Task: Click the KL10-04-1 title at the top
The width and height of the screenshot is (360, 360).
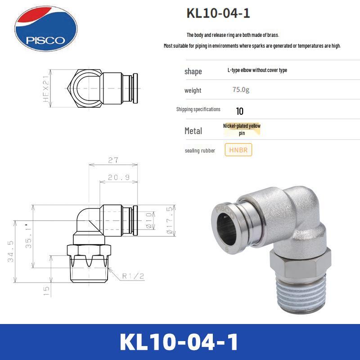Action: tap(218, 13)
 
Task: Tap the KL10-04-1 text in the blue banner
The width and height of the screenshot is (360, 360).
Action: tap(180, 342)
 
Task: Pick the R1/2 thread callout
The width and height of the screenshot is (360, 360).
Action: tap(133, 276)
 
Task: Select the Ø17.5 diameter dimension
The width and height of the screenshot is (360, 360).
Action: tap(169, 220)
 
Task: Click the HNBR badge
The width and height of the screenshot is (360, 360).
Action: tap(238, 150)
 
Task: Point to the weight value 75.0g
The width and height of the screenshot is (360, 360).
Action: tap(241, 90)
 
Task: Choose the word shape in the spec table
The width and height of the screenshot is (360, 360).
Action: tap(193, 72)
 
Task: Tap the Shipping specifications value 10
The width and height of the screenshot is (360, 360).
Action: tap(239, 111)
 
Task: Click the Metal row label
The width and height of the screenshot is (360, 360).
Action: tap(193, 131)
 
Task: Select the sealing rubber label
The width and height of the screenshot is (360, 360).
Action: tap(200, 150)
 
